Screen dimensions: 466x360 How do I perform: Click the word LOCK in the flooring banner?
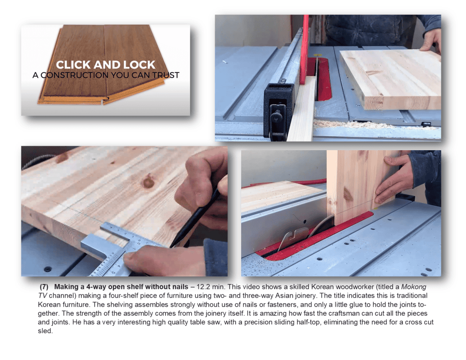pyautogui.click(x=139, y=65)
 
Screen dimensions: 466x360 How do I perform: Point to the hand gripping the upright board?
pyautogui.click(x=393, y=179)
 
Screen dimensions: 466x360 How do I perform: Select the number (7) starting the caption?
pyautogui.click(x=44, y=287)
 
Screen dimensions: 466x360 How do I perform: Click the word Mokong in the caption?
pyautogui.click(x=414, y=287)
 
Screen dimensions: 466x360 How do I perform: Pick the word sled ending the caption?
pyautogui.click(x=45, y=331)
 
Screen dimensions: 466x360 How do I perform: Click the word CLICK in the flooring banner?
pyautogui.click(x=73, y=65)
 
